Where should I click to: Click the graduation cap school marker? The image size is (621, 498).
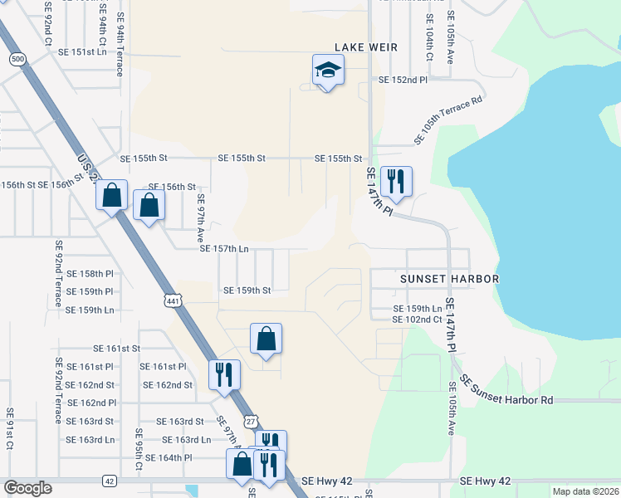point(328,71)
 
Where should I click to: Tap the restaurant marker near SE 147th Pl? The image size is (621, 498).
point(395,181)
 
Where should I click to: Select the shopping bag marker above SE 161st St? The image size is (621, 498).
point(266,339)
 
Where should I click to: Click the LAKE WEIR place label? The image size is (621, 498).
point(366,47)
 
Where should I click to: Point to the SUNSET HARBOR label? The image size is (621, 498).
point(450,279)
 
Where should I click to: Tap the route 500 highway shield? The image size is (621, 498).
point(17,59)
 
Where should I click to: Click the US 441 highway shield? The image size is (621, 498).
point(173,301)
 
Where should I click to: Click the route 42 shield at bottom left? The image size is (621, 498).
point(110,481)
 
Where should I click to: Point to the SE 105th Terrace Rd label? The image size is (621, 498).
point(448,120)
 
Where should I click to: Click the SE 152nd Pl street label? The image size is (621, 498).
point(403,81)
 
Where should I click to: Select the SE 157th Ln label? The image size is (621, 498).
point(224,248)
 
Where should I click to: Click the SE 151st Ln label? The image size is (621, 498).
point(83,51)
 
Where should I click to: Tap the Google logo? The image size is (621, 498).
point(27,488)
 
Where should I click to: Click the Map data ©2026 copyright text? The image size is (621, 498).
point(585,491)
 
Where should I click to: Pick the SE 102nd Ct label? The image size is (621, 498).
point(417,319)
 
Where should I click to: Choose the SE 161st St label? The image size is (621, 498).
point(117,349)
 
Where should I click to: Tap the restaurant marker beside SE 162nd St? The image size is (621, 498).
point(223,374)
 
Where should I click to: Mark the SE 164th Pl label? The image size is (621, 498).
point(169,457)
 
